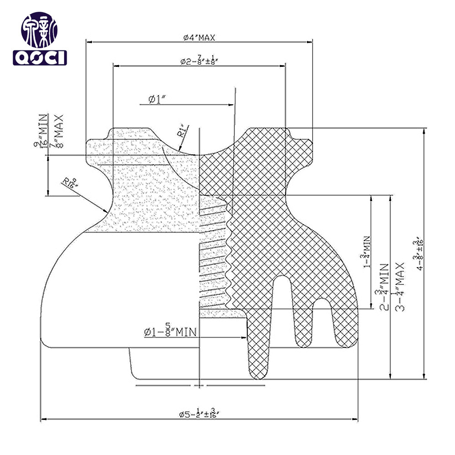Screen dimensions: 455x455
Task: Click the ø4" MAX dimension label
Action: pyautogui.click(x=199, y=38)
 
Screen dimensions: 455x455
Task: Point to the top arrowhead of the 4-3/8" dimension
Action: pyautogui.click(x=425, y=131)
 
